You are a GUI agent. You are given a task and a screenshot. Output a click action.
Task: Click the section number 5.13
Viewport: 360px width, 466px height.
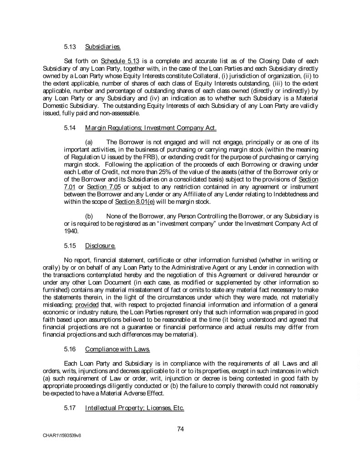click(70, 46)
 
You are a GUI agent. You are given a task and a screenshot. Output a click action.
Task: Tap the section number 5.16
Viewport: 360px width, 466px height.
click(70, 349)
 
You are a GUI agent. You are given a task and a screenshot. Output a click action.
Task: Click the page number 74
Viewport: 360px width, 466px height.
click(180, 428)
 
